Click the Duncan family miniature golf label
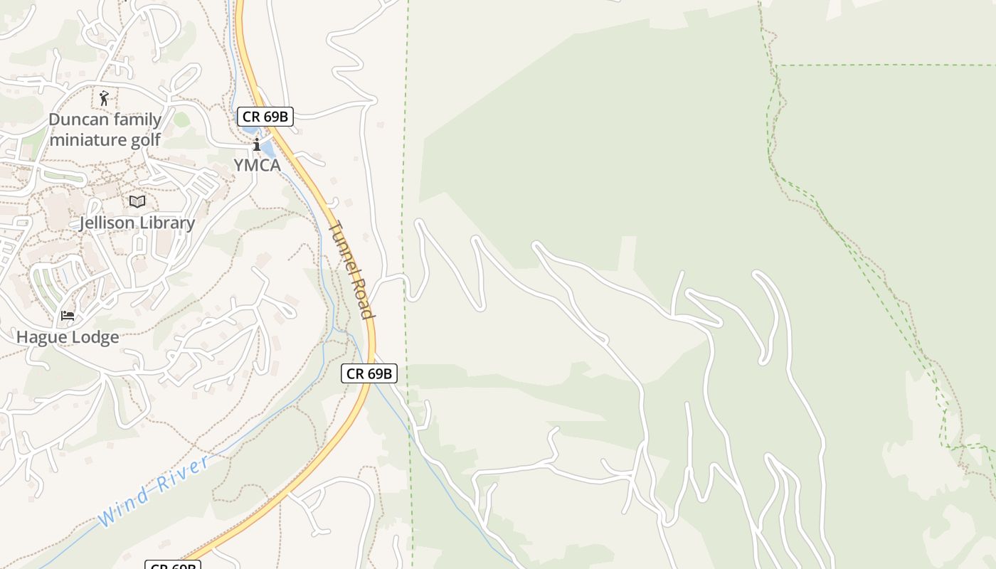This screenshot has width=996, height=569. point(105,129)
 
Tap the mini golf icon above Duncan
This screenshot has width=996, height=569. point(105,98)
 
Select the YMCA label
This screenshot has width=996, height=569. point(257,166)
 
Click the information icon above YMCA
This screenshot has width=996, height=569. point(257,145)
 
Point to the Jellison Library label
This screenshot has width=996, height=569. point(137,223)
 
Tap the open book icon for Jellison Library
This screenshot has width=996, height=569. point(137,202)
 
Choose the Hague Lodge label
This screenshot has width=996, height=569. point(68,337)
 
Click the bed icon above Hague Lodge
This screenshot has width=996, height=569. point(68,316)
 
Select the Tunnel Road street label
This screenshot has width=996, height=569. point(351,270)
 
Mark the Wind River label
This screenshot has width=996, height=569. point(154,491)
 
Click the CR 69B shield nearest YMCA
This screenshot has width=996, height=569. point(265,117)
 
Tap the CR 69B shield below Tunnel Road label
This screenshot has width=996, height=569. point(369,373)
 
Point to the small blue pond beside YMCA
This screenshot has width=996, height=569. point(268,149)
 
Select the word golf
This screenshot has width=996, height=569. point(145,139)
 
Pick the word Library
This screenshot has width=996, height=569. point(166,223)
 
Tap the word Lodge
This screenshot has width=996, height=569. point(94,337)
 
